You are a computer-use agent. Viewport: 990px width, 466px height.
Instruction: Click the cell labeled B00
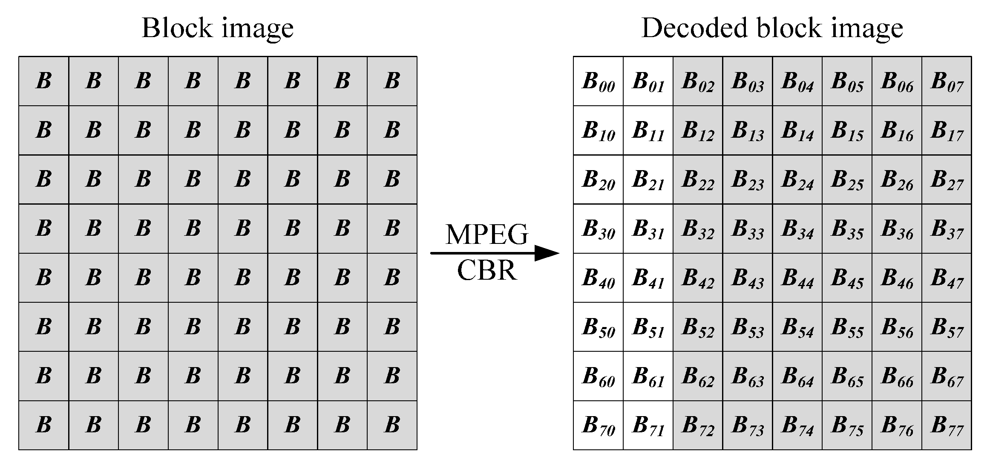[x=598, y=81]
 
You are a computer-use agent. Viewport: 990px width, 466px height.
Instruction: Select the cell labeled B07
[x=947, y=81]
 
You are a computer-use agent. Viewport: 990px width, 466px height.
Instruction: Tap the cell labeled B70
[x=598, y=425]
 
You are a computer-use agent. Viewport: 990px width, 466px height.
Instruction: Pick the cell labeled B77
[x=947, y=425]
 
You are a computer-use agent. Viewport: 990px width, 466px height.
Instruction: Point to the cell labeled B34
[x=797, y=229]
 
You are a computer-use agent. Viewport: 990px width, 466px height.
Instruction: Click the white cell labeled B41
[x=648, y=278]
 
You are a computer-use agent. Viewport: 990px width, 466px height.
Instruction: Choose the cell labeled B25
[x=847, y=179]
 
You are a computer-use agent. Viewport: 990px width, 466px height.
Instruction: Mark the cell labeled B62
[x=698, y=376]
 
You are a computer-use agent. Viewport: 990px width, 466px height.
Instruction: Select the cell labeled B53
[x=748, y=327]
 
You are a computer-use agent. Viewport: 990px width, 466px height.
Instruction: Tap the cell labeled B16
[x=897, y=130]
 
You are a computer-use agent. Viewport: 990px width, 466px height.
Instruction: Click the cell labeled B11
[x=648, y=130]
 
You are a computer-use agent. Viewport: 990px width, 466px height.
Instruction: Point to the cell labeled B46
[x=897, y=278]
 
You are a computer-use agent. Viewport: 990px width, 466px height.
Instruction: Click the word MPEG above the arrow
[x=486, y=234]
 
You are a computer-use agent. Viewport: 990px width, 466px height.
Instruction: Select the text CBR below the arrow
[x=486, y=270]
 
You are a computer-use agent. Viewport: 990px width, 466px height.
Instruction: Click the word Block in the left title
[x=177, y=28]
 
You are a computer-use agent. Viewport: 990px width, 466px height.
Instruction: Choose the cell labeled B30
[x=598, y=229]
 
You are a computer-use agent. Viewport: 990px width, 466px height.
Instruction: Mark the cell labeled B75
[x=847, y=425]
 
